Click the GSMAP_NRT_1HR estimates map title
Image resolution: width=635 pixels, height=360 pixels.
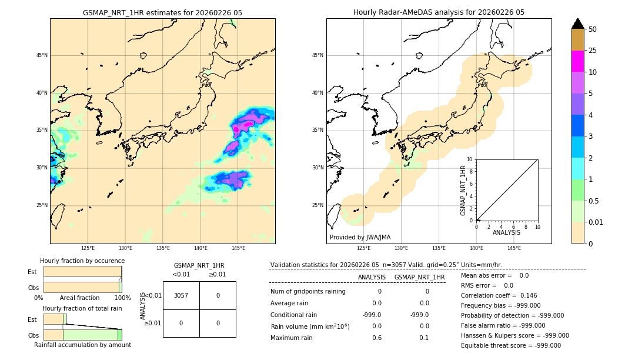(x=162, y=12)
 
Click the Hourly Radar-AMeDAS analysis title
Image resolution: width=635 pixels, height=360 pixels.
(x=439, y=12)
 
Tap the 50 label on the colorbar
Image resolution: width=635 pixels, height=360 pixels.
(x=593, y=29)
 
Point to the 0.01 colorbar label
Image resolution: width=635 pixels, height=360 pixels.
(x=596, y=222)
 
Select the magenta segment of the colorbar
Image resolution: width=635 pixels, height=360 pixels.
(x=577, y=61)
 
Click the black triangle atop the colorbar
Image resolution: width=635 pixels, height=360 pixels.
(x=577, y=24)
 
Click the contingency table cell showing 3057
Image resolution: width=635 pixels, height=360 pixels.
(x=181, y=295)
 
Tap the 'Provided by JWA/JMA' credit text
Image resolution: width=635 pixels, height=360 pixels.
(x=360, y=238)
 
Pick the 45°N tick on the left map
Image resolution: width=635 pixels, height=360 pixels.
(x=42, y=55)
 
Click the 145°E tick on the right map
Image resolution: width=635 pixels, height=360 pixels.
(x=514, y=249)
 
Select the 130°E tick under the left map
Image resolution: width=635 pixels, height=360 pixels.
(x=125, y=249)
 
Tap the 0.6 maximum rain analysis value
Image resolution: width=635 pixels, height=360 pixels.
(x=377, y=338)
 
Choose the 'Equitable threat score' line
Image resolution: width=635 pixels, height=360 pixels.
(x=510, y=345)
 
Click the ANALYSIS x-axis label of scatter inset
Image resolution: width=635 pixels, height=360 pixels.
(x=506, y=233)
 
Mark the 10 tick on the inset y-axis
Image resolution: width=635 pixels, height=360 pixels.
(x=470, y=159)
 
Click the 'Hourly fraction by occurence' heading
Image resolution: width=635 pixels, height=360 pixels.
(x=82, y=261)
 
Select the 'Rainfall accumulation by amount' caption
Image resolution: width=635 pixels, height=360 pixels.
(x=82, y=345)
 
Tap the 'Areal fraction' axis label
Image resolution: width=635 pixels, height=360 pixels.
(x=80, y=298)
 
